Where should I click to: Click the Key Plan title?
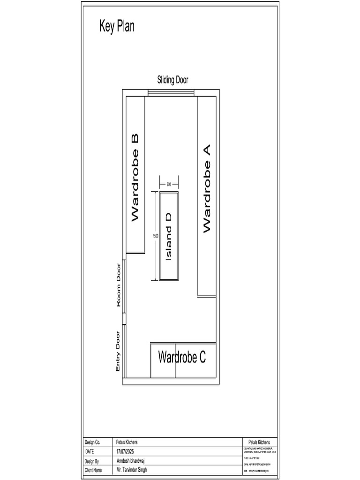point(117,26)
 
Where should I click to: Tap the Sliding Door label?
point(172,81)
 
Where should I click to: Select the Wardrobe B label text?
point(135,178)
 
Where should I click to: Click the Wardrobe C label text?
point(182,357)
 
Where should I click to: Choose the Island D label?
point(169,236)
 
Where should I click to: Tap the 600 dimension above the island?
point(169,184)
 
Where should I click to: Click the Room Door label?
point(119,285)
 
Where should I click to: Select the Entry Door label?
point(118,352)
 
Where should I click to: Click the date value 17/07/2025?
point(128,451)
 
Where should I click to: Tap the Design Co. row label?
point(92,442)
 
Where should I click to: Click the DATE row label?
point(90,451)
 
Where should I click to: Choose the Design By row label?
point(92,461)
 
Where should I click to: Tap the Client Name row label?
point(93,470)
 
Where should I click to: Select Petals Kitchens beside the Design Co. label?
point(127,442)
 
